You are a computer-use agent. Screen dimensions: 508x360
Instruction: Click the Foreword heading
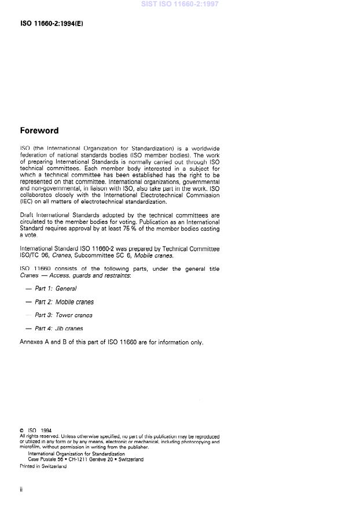[x=39, y=131]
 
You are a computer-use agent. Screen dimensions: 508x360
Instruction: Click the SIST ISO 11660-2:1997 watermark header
[x=179, y=4]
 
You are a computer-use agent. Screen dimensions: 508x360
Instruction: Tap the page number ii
[x=21, y=489]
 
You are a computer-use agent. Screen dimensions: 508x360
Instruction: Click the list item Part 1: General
[x=56, y=288]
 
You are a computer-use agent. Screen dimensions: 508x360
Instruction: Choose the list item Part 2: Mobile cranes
[x=64, y=302]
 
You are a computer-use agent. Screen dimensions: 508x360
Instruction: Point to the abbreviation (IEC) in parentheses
[x=27, y=202]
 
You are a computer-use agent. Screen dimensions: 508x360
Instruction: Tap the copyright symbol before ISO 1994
[x=21, y=430]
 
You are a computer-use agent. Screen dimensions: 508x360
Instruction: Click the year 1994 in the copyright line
[x=46, y=430]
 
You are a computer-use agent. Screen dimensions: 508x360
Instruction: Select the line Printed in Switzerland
[x=43, y=466]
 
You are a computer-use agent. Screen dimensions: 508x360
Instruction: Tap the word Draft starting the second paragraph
[x=27, y=215]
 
